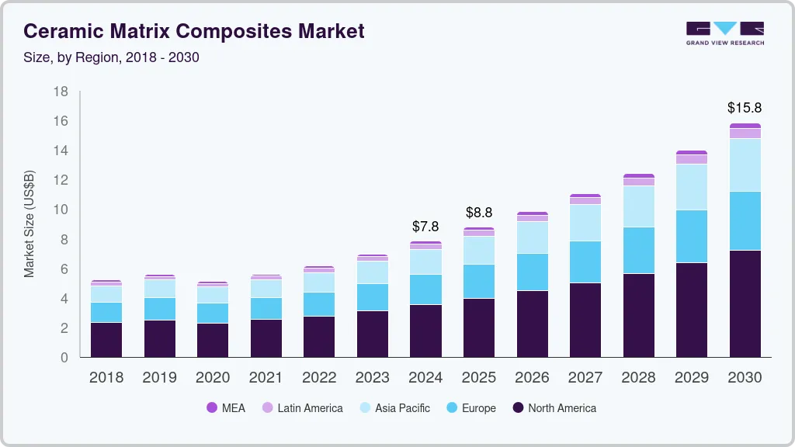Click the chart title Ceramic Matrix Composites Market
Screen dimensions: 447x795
[193, 32]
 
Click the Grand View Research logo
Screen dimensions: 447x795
[724, 33]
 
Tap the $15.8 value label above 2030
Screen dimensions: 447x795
[745, 108]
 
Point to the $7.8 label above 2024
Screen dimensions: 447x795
[425, 227]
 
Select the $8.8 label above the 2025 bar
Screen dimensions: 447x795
[479, 212]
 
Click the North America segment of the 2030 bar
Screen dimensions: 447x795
[745, 303]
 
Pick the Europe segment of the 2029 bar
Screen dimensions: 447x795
[691, 236]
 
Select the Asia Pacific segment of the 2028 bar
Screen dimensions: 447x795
[638, 206]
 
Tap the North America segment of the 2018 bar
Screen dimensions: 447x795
[106, 339]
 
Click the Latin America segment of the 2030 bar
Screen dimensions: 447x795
[745, 133]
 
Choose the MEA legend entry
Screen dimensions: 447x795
[226, 407]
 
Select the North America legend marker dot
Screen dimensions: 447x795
[518, 407]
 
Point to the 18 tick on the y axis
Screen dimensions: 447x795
[61, 92]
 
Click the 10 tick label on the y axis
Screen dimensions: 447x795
[61, 210]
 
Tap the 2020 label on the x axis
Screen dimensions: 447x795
[213, 377]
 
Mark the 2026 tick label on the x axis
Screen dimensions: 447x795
[532, 377]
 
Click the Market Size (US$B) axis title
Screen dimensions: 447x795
[30, 224]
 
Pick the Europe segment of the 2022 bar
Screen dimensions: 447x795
[319, 304]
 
